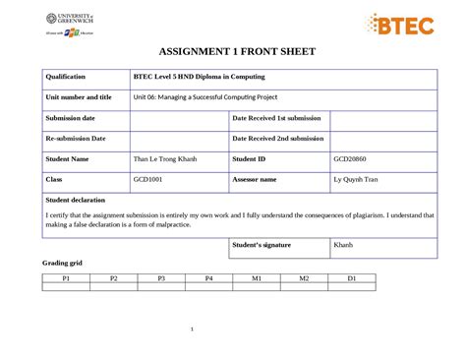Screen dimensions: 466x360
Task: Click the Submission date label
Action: (70, 118)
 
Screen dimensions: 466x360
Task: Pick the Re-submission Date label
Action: (75, 139)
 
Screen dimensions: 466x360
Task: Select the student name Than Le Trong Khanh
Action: (165, 158)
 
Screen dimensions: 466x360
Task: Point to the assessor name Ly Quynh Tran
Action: (356, 180)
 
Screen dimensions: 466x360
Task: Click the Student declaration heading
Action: (76, 201)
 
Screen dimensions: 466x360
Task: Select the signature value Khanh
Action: (343, 245)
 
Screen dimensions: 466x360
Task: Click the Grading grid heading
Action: (62, 265)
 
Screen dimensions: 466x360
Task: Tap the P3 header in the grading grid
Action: (161, 279)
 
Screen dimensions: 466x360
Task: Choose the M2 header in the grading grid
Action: (304, 279)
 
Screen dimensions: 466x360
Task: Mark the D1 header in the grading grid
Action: (351, 279)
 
